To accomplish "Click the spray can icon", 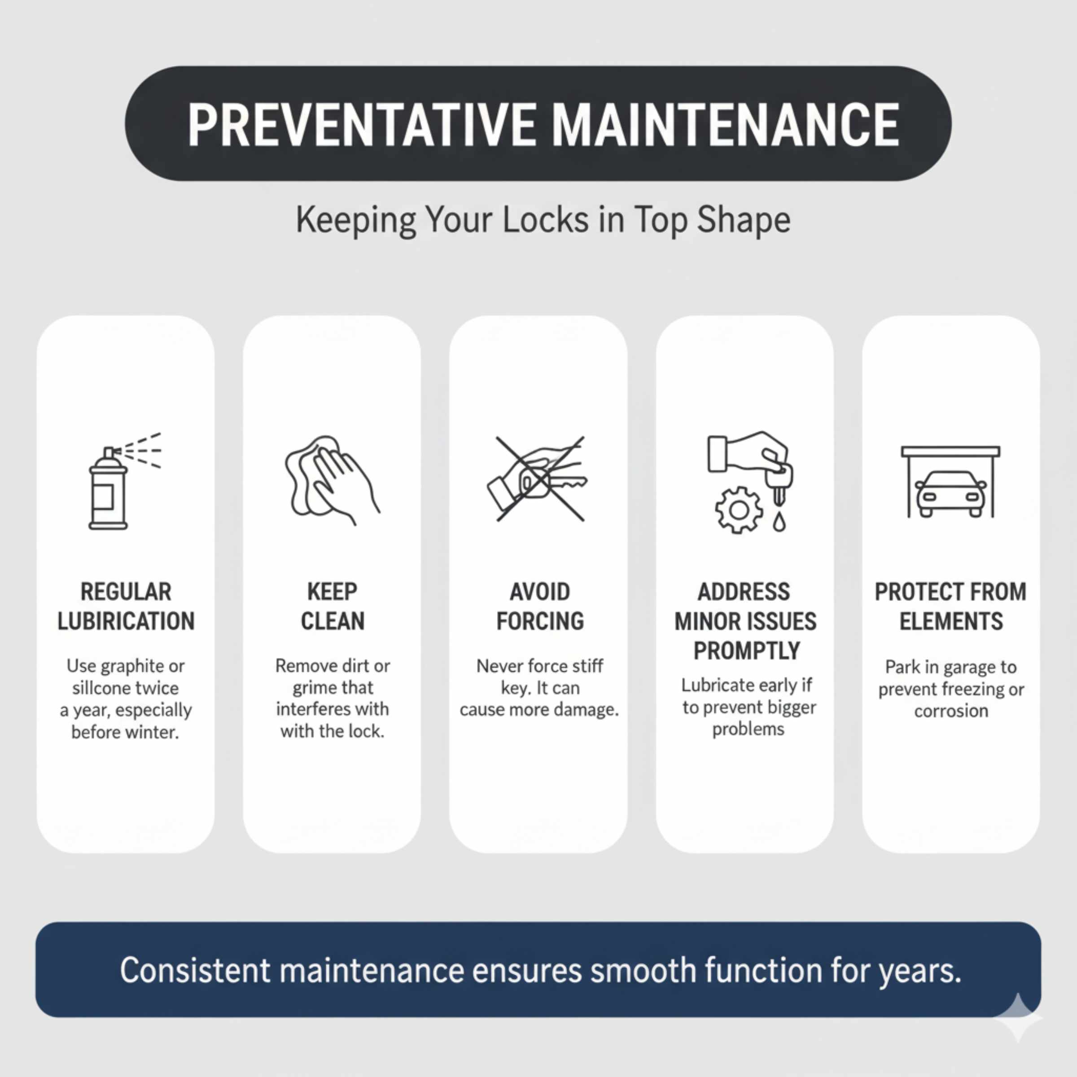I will tap(109, 490).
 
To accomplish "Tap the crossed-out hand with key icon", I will tap(539, 479).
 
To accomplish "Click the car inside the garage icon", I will tap(950, 493).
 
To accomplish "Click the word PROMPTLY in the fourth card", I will tap(746, 651).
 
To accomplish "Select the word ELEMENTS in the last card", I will tap(951, 621).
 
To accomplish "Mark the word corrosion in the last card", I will tap(951, 711).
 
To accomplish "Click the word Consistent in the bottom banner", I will tap(195, 971).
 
